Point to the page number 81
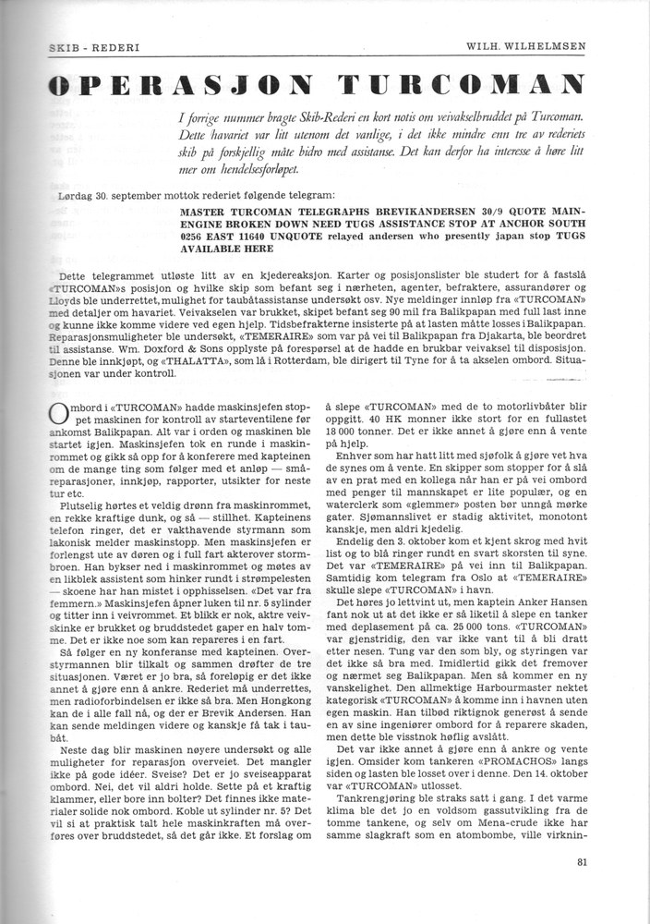(581, 865)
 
